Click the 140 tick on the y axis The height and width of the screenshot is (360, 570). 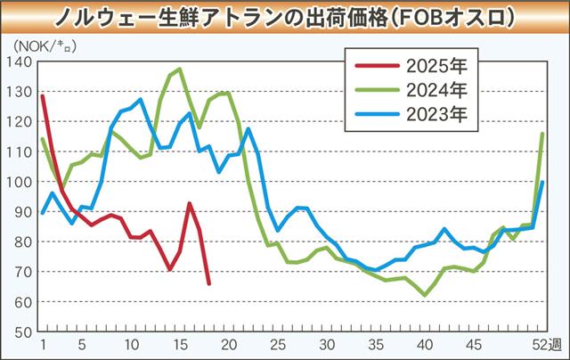coord(20,61)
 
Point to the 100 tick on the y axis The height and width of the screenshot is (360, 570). coord(20,182)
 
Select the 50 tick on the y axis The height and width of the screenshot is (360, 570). coord(21,331)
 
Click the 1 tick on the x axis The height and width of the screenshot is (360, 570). coord(42,344)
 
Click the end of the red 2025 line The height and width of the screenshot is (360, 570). coord(209,283)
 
